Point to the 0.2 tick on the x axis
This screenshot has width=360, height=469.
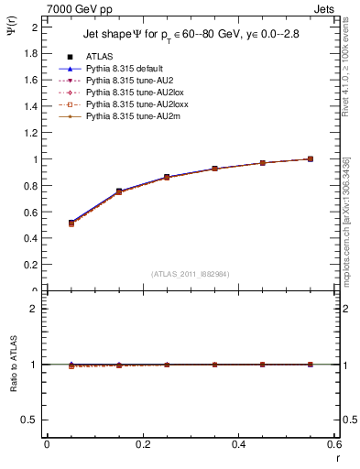point(142,443)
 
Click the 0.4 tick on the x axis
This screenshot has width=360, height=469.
point(238,443)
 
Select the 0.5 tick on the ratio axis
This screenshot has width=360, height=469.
point(29,420)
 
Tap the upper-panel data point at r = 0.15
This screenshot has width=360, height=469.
point(118,191)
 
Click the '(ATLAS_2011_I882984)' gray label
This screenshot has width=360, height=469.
point(191,274)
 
